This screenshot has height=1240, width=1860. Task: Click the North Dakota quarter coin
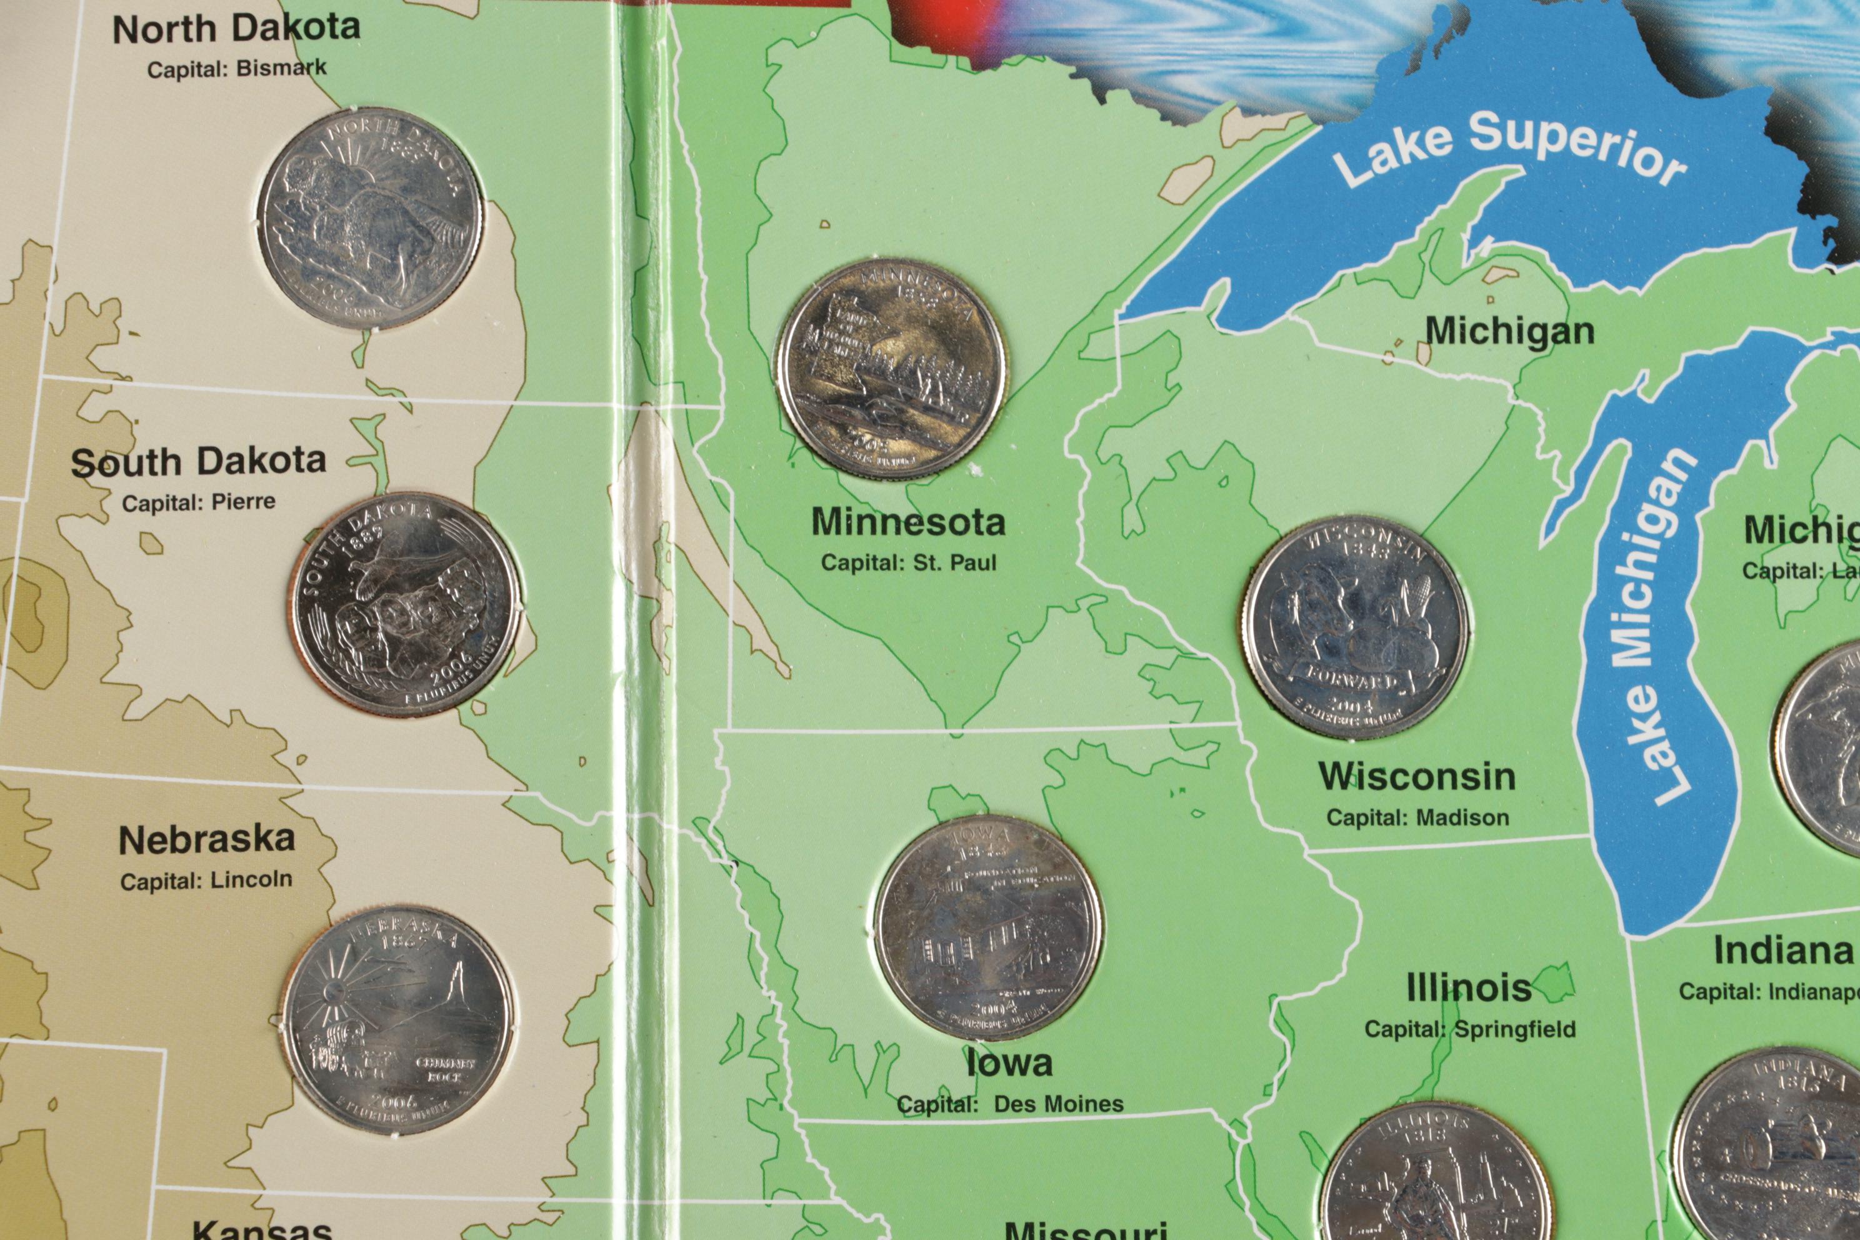point(370,218)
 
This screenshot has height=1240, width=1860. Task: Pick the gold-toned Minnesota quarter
point(891,369)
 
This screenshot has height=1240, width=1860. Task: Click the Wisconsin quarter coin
point(1356,627)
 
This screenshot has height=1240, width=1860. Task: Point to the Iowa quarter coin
point(989,927)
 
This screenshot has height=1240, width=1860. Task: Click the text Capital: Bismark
point(236,69)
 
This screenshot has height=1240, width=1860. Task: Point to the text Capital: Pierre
point(199,502)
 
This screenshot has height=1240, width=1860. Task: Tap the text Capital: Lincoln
point(206,880)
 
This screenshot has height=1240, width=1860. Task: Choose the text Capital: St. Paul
point(909,563)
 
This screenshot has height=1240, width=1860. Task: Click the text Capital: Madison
point(1417,817)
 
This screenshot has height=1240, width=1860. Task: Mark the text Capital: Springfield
point(1469,1029)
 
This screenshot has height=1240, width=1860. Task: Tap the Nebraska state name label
point(207,840)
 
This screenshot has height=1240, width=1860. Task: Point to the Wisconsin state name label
point(1417,777)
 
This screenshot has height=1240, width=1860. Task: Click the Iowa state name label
point(1010,1064)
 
